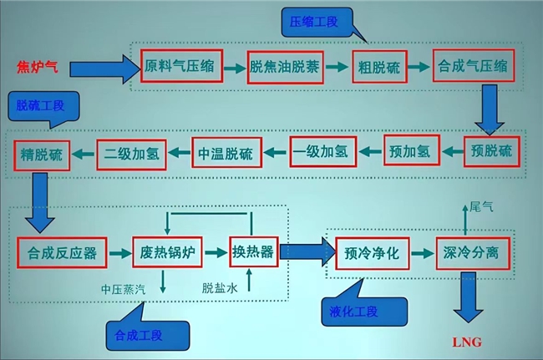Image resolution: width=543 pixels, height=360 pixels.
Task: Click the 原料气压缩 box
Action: pos(181,66)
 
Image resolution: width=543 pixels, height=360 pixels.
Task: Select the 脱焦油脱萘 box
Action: pos(283,66)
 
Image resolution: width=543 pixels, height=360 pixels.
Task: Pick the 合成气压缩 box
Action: pos(471,66)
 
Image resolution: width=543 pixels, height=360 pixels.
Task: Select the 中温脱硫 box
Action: pos(227,153)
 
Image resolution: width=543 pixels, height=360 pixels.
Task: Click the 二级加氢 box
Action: pos(132,153)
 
